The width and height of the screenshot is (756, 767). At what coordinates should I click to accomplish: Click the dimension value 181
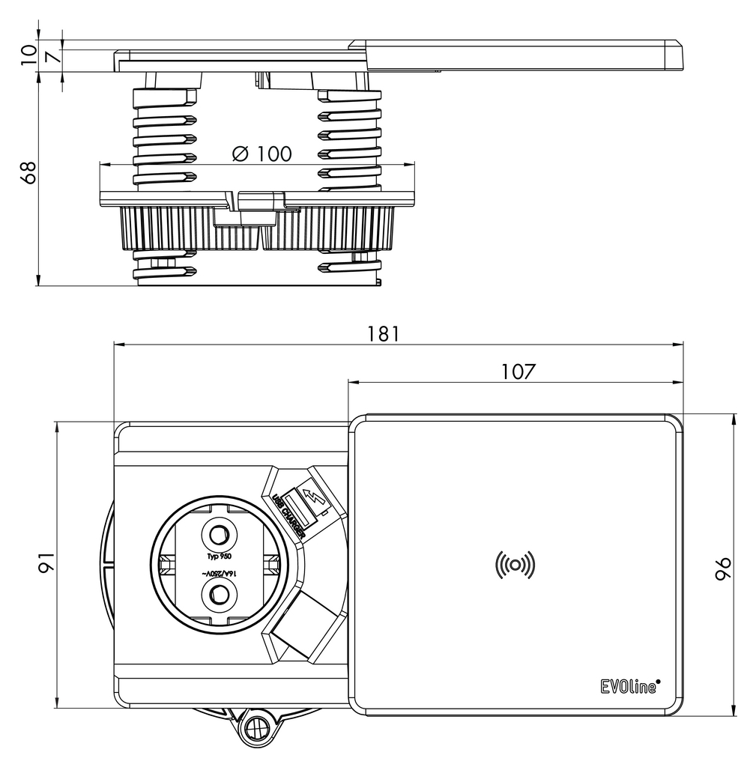point(383,334)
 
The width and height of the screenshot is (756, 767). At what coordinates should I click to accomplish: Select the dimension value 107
point(518,372)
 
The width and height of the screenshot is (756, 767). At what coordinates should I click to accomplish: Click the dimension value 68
point(28,173)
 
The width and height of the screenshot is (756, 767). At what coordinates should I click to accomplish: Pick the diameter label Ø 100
point(261,154)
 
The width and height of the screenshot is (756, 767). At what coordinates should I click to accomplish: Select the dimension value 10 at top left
point(28,54)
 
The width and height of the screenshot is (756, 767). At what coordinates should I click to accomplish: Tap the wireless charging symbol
point(515,565)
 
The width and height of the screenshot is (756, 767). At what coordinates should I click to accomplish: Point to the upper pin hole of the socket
point(220,535)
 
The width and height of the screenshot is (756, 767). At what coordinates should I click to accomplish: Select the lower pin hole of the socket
point(220,595)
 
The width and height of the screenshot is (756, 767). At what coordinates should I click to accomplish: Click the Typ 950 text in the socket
point(220,557)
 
